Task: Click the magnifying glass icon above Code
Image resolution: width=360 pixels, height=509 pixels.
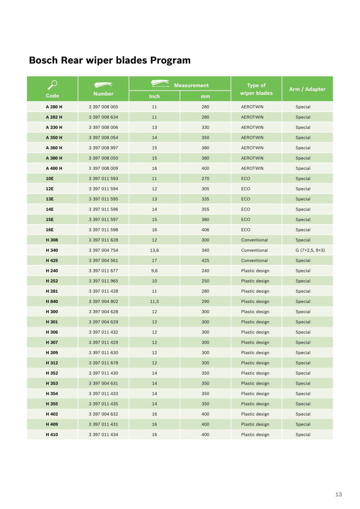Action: click(x=52, y=85)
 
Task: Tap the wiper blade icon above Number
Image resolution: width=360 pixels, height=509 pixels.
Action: click(x=103, y=85)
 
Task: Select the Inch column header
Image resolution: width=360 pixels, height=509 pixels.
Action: click(x=154, y=96)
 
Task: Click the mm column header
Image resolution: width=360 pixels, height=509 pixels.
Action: click(x=205, y=96)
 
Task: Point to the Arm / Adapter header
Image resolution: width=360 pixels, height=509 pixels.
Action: click(x=307, y=89)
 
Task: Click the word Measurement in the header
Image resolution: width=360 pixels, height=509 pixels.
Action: click(x=191, y=85)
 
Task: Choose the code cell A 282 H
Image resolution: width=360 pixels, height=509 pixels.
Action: click(x=54, y=117)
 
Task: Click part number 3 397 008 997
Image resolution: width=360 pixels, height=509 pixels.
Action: click(x=103, y=148)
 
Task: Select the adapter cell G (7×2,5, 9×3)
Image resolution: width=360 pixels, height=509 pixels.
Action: click(x=310, y=250)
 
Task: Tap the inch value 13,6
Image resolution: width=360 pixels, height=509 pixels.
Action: click(x=154, y=250)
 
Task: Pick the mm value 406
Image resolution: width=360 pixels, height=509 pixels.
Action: click(x=205, y=230)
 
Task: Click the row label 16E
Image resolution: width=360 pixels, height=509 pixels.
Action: click(x=50, y=230)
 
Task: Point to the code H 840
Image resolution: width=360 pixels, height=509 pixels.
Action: click(x=52, y=301)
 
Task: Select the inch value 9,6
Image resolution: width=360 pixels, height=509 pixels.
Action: click(x=154, y=271)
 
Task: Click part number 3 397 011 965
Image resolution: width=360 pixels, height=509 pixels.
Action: click(x=103, y=281)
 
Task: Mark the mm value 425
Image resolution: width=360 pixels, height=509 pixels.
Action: click(x=205, y=260)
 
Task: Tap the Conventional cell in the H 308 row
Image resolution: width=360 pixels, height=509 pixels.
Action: click(x=254, y=240)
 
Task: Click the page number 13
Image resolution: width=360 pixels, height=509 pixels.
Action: click(x=338, y=494)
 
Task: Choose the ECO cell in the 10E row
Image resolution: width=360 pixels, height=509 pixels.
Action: click(x=246, y=179)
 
